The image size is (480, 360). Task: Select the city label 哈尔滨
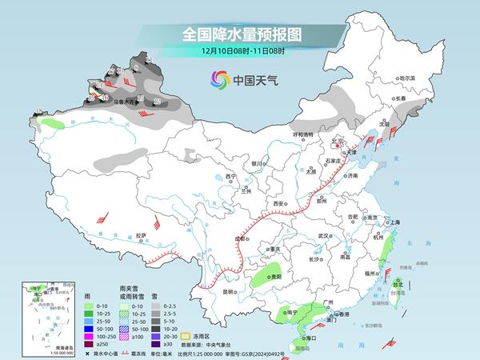407,78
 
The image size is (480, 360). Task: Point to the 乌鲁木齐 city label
122,102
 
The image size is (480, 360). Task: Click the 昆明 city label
228,291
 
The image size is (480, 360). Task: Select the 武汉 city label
323,236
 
